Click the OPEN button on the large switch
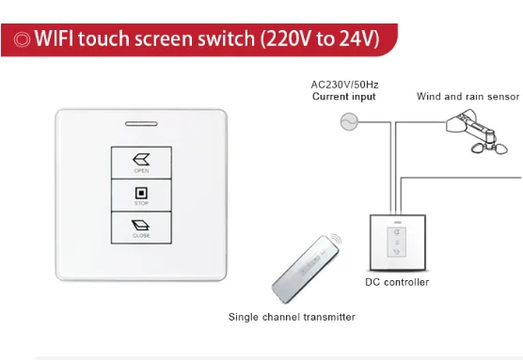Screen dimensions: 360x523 (x=141, y=162)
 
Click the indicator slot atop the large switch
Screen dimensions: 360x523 (x=141, y=122)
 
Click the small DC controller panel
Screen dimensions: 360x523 (x=396, y=243)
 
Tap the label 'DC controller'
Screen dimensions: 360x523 (x=397, y=282)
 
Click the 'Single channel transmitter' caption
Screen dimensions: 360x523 (x=292, y=317)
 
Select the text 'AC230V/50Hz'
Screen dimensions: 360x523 (x=344, y=85)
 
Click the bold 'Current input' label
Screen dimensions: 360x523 (x=344, y=97)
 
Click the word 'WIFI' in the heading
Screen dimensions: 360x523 (x=57, y=39)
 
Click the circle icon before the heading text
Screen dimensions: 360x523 (x=20, y=39)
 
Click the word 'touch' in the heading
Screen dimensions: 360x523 (x=110, y=39)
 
